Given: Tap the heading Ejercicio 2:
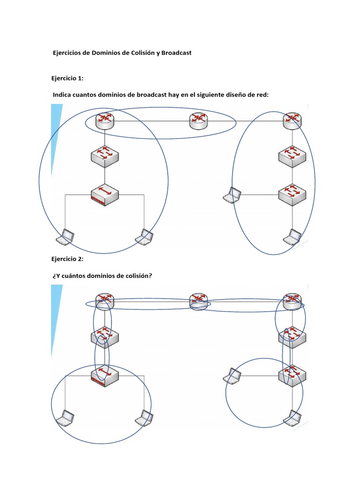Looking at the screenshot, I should [x=67, y=259].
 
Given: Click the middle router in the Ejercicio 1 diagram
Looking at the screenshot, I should [x=198, y=120].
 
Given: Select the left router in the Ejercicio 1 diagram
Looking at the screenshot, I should [x=105, y=120].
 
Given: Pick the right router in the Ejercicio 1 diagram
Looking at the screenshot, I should [x=292, y=120].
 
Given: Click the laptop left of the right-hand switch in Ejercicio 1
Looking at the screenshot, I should [x=232, y=195].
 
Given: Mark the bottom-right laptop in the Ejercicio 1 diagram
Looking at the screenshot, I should [x=292, y=237].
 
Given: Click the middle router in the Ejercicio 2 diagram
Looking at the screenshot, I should [x=198, y=301].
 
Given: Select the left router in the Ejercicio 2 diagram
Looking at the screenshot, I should [x=105, y=301].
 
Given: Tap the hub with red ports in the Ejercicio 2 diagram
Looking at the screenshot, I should [x=105, y=375].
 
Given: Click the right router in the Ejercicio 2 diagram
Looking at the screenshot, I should [x=292, y=301].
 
